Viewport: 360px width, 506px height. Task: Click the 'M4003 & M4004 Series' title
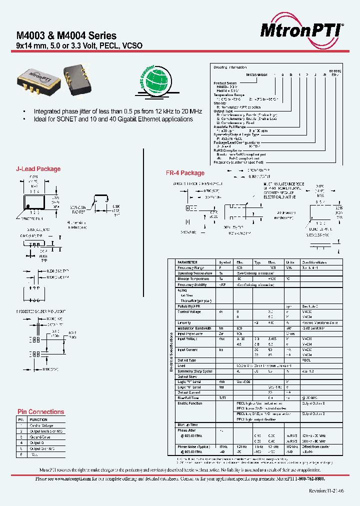click(66, 36)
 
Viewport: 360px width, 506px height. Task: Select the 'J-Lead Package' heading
click(38, 169)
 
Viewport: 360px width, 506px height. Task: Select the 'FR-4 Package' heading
click(185, 173)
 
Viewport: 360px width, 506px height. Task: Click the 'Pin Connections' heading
click(40, 412)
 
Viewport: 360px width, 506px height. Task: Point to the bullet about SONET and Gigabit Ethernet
click(112, 119)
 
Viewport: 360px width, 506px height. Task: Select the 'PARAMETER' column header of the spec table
click(187, 262)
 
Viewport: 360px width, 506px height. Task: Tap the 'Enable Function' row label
click(190, 402)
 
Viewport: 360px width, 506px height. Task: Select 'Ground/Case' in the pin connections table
click(41, 436)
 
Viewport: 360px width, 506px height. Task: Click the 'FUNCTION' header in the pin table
click(38, 420)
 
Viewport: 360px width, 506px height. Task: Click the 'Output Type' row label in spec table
click(187, 360)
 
